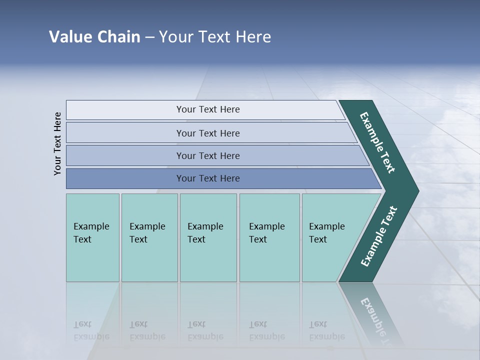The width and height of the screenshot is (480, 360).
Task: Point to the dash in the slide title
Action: (149, 37)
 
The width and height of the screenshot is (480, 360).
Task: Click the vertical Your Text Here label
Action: (57, 143)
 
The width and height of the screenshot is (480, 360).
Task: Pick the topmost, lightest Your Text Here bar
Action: (207, 109)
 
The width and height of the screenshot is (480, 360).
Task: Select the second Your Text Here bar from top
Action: (207, 133)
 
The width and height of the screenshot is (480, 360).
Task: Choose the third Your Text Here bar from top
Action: (207, 155)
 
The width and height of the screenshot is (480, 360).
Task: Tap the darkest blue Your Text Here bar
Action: (207, 178)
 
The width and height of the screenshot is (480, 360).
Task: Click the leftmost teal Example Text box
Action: (92, 237)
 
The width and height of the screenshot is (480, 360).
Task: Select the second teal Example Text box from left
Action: (149, 237)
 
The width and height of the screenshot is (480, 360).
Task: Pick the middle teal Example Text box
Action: (208, 237)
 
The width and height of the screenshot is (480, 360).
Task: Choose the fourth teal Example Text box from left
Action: (269, 237)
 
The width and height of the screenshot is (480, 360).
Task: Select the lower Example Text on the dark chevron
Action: (378, 236)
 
